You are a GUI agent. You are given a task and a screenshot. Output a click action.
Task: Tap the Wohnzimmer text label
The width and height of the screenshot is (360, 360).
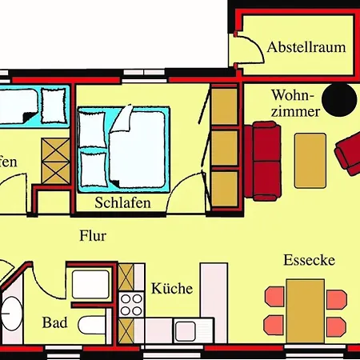pos(296,103)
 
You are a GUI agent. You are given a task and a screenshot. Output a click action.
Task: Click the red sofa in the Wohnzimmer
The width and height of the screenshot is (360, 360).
pos(263,160)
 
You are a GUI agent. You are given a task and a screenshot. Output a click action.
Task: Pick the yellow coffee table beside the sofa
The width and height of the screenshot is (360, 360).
pos(310,159)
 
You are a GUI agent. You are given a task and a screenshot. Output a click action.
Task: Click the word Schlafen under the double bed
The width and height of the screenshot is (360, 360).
pos(123,203)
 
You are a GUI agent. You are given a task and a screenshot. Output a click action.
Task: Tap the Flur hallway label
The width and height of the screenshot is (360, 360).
pos(93,236)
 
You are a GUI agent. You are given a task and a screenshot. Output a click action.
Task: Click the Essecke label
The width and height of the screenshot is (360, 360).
pos(309,261)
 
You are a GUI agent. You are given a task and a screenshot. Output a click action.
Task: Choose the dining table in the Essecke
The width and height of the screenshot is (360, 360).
pos(306,310)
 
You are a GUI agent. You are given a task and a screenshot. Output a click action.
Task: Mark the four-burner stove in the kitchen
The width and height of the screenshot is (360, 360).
pos(130,306)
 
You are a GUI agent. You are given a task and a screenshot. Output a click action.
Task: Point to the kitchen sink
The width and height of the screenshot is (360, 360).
pos(189,330)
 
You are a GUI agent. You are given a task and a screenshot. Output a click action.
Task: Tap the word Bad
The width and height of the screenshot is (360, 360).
pos(54,324)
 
